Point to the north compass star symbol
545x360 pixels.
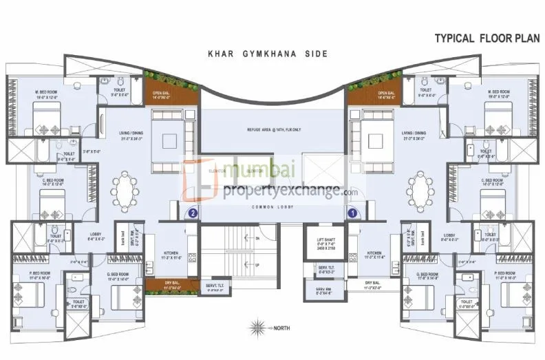[259, 327]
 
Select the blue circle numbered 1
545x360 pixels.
[352, 213]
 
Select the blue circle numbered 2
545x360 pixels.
[193, 213]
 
